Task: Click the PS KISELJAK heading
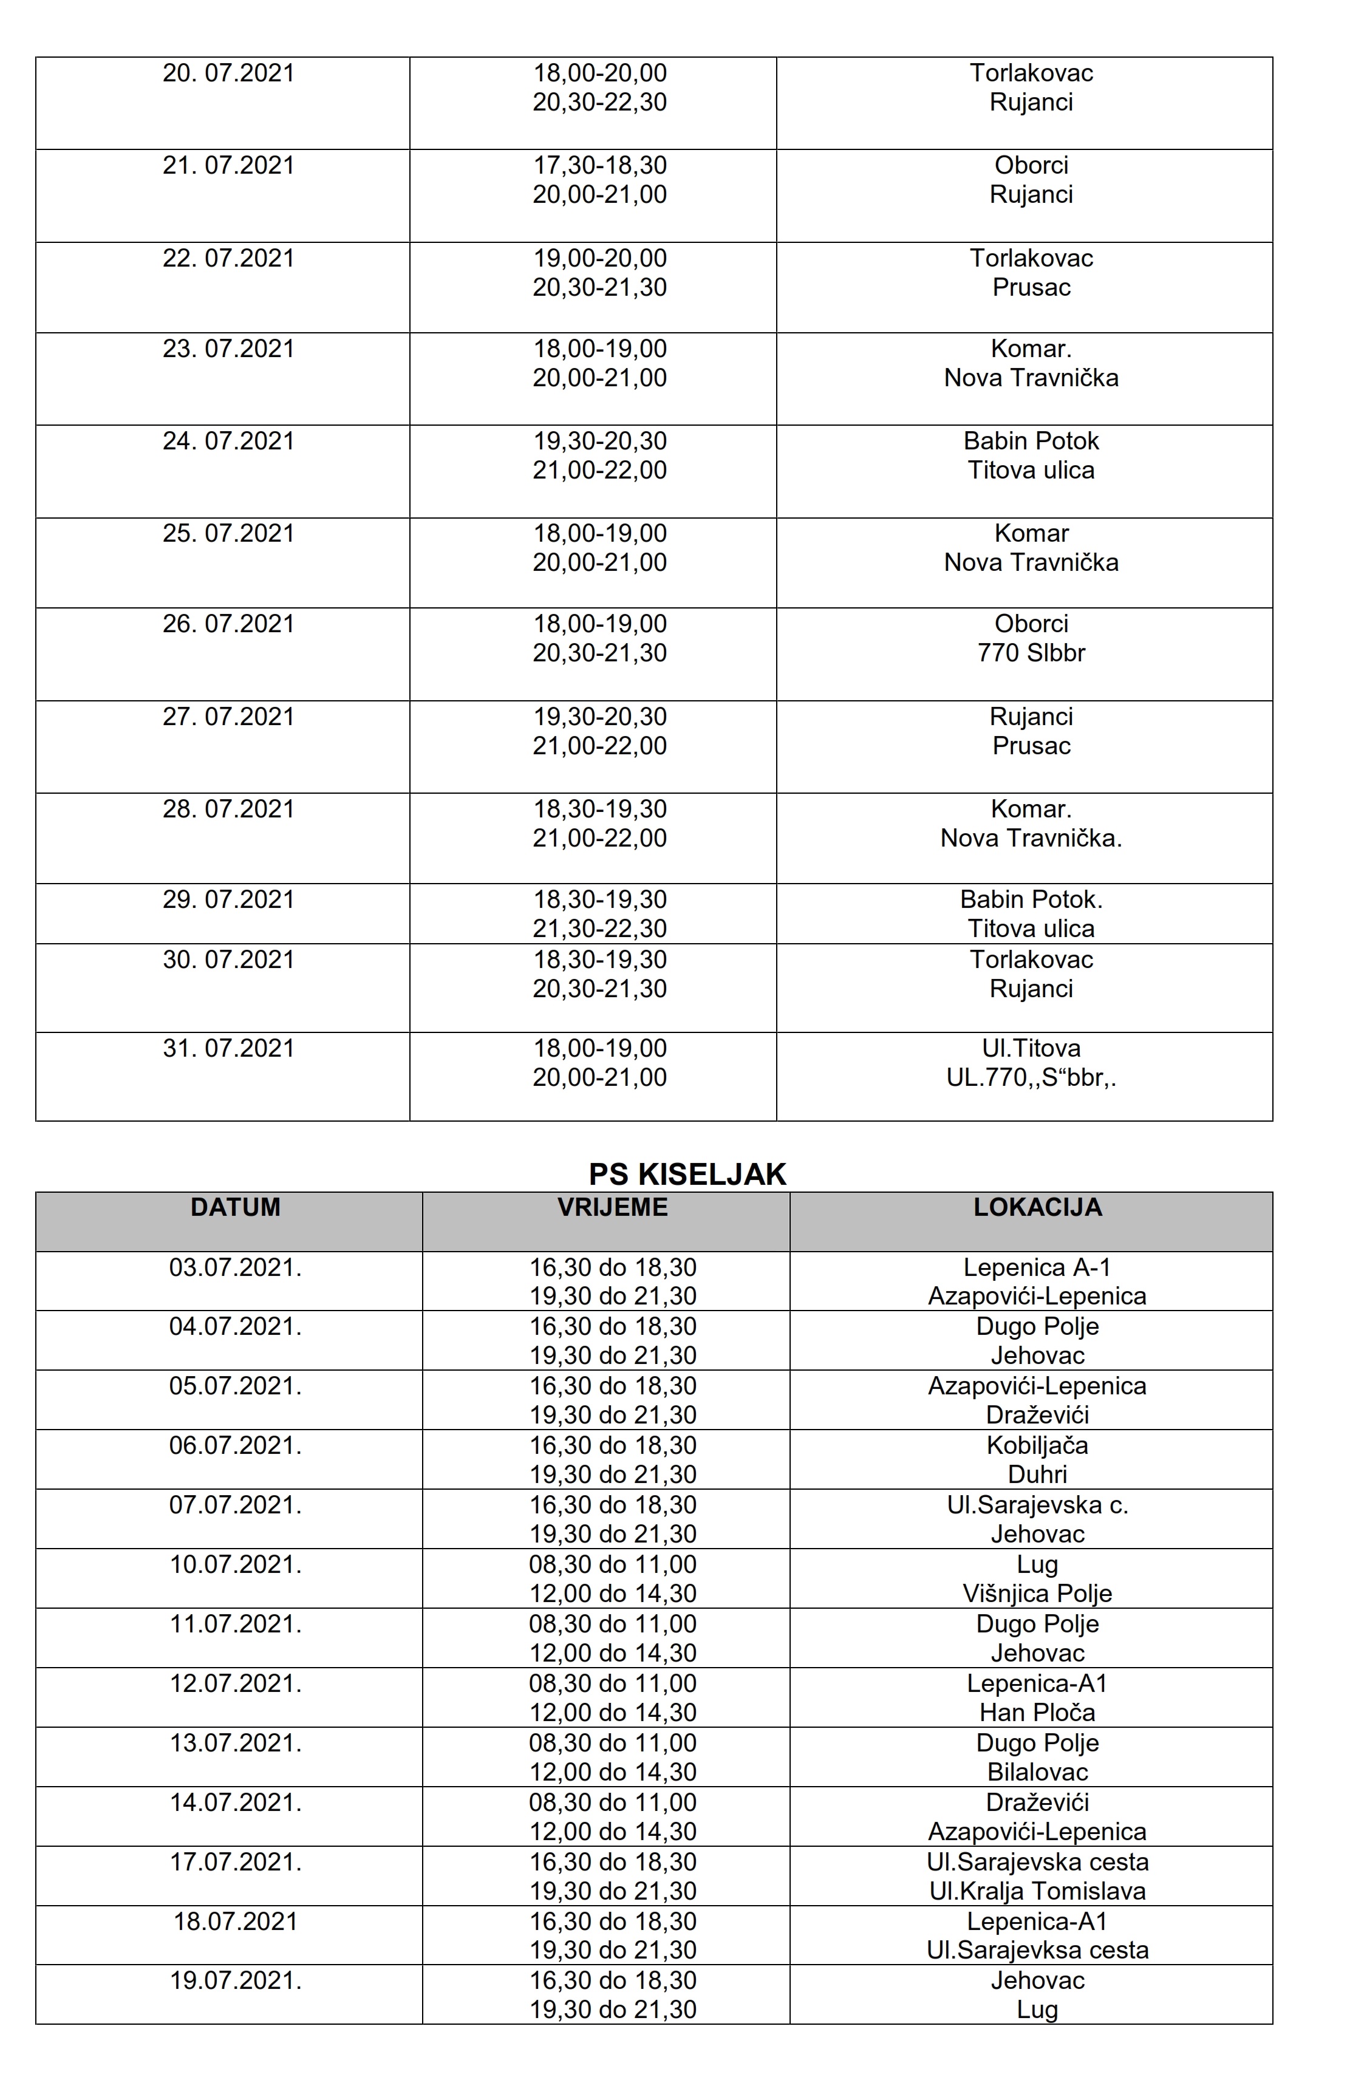coord(687,1174)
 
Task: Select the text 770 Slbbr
coord(1031,653)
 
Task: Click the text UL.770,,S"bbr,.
coord(1031,1077)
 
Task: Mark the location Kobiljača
coord(1037,1445)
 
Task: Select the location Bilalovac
coord(1037,1771)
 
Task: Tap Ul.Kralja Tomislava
coord(1037,1891)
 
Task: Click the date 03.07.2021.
coord(235,1267)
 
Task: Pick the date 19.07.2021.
coord(235,1980)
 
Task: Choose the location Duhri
coord(1037,1475)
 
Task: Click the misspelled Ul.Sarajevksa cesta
coord(1037,1950)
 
